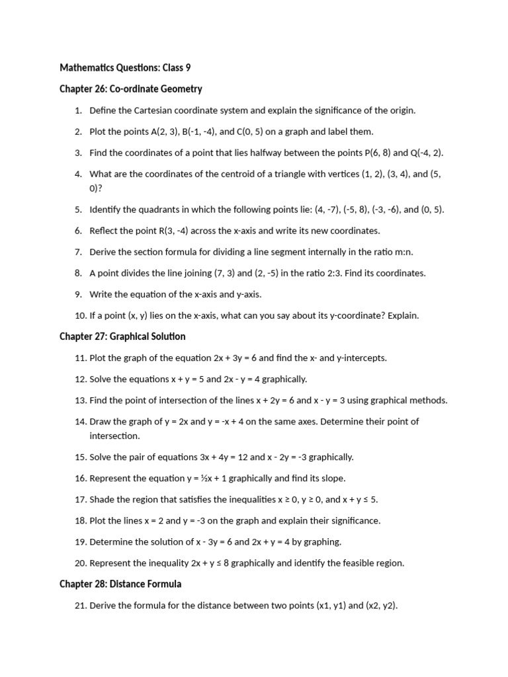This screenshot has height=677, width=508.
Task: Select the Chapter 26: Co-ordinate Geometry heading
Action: (130, 89)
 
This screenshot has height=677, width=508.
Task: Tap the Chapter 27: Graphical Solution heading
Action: (122, 337)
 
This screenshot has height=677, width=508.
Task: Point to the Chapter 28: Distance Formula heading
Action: (120, 584)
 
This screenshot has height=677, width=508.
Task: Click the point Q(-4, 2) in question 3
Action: (426, 153)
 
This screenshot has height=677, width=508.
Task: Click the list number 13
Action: (81, 400)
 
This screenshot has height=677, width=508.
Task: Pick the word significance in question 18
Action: (353, 520)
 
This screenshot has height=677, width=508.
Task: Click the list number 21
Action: (81, 605)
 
